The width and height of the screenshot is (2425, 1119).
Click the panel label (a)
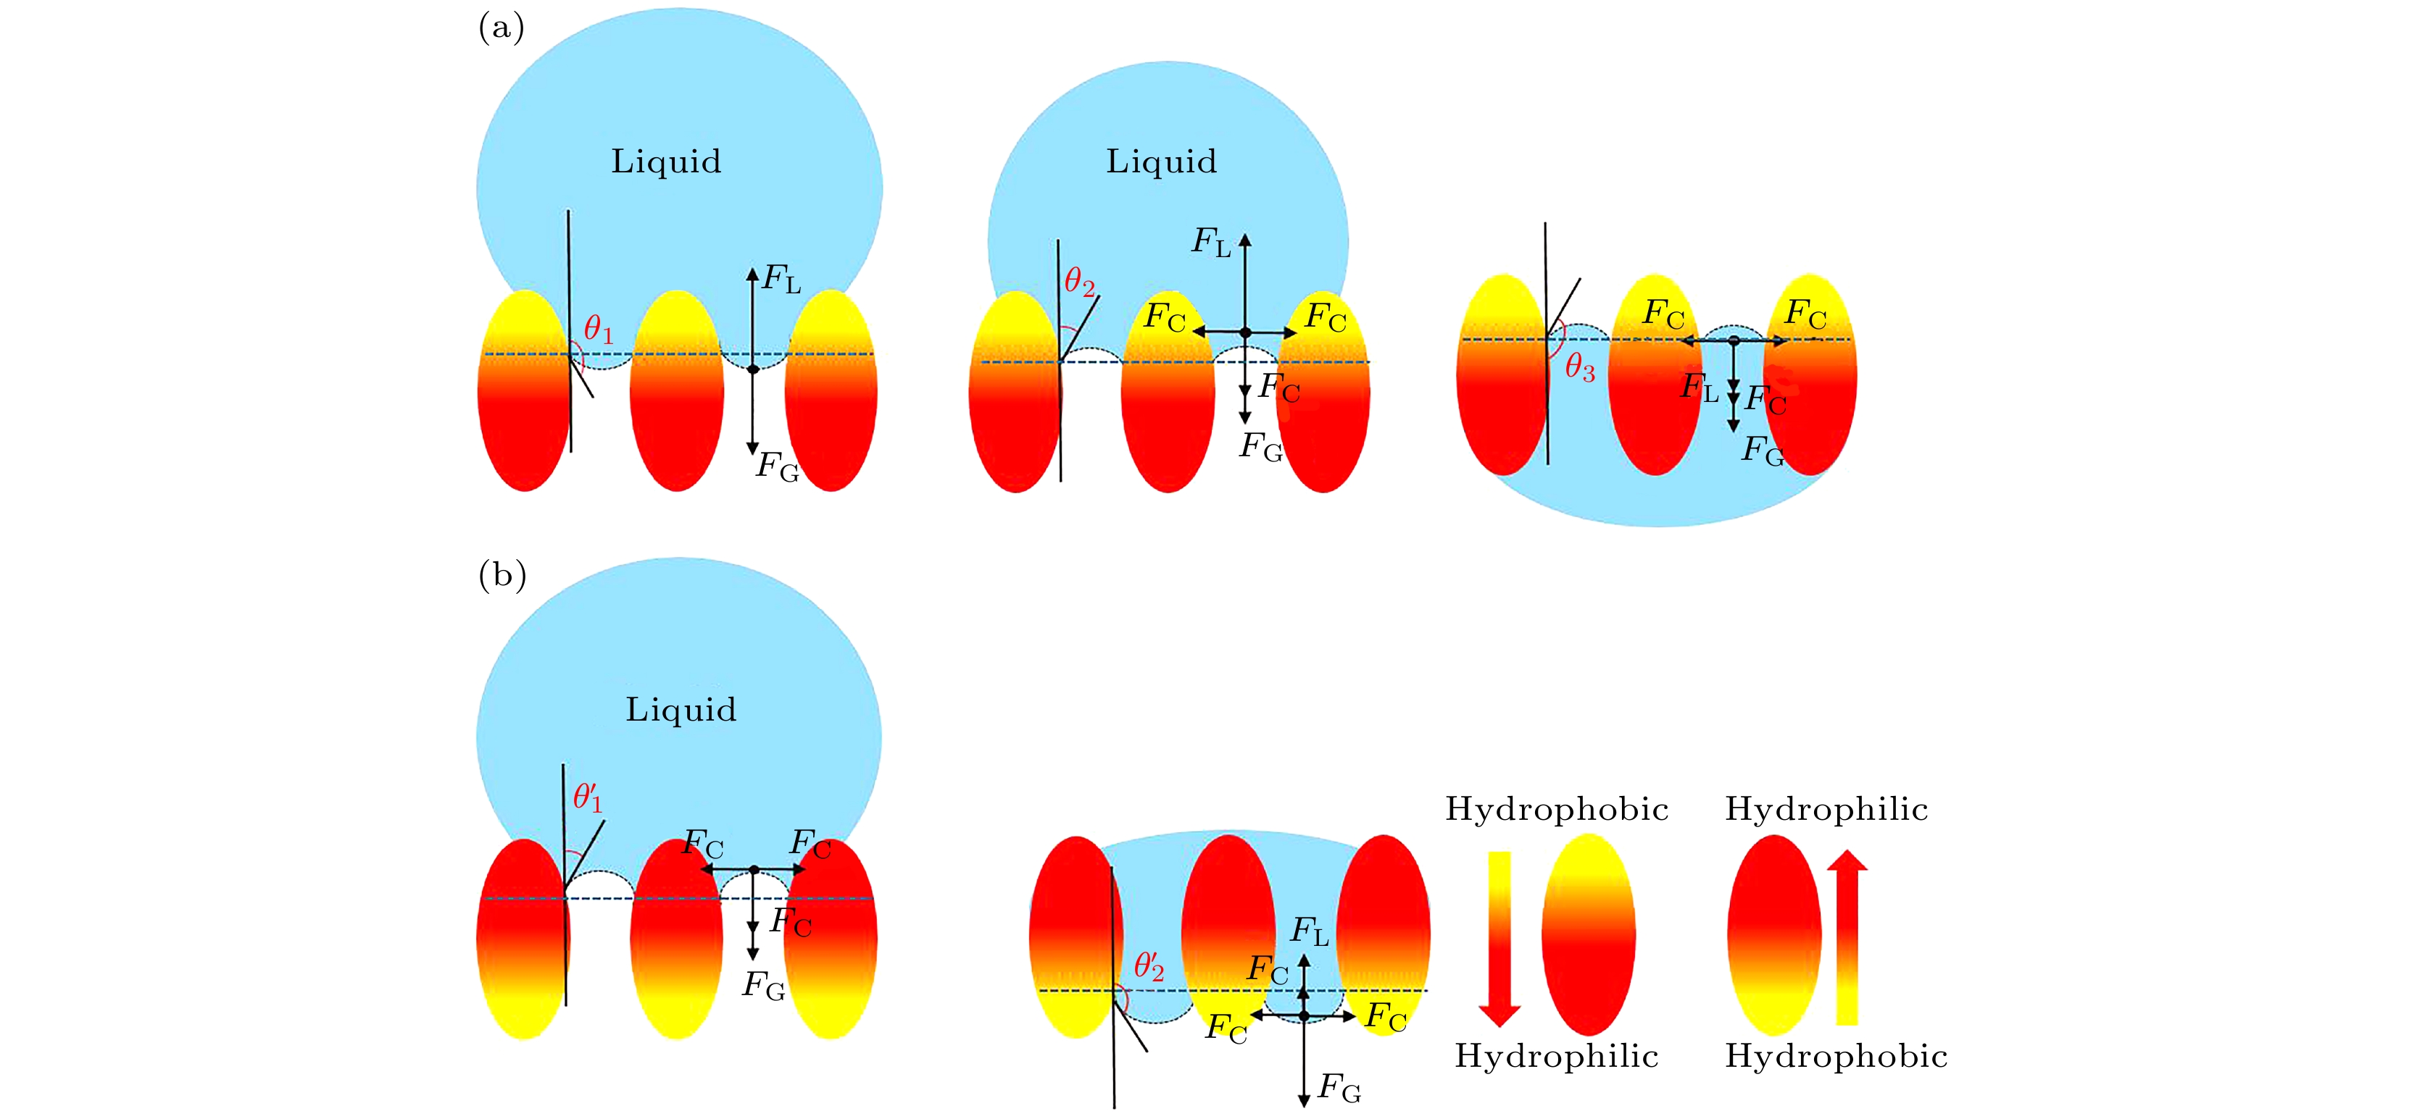point(501,28)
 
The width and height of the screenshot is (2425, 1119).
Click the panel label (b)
point(502,574)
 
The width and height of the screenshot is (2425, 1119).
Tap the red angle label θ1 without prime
point(599,330)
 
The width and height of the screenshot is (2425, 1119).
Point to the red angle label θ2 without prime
point(1080,282)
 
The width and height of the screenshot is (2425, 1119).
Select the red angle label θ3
point(1580,368)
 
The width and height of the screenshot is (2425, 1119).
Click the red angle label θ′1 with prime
point(588,797)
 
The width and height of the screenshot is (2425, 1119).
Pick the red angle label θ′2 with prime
point(1149,965)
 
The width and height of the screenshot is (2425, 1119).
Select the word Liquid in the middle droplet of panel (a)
point(1161,162)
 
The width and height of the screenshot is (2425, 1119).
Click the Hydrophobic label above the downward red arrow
point(1557,809)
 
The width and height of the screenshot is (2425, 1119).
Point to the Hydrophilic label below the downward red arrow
point(1556,1056)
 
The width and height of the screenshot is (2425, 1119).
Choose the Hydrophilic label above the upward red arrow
point(1826,809)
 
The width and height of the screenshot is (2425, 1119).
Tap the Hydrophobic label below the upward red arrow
point(1836,1056)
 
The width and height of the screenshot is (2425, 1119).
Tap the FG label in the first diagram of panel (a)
point(778,466)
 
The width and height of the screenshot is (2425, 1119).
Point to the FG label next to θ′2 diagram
point(1339,1088)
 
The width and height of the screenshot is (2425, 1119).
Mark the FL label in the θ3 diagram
point(1700,387)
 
